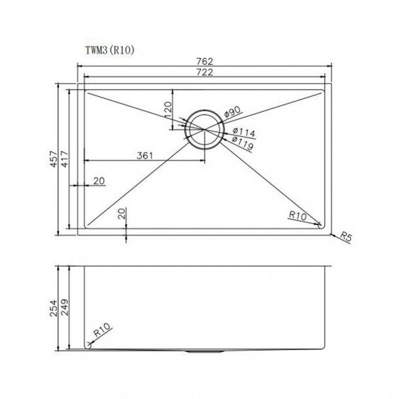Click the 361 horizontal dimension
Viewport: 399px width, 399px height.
click(x=145, y=155)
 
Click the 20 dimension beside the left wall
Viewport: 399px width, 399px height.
click(x=99, y=181)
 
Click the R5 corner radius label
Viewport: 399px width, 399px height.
click(x=346, y=238)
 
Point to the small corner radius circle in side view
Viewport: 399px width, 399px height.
click(x=87, y=345)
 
